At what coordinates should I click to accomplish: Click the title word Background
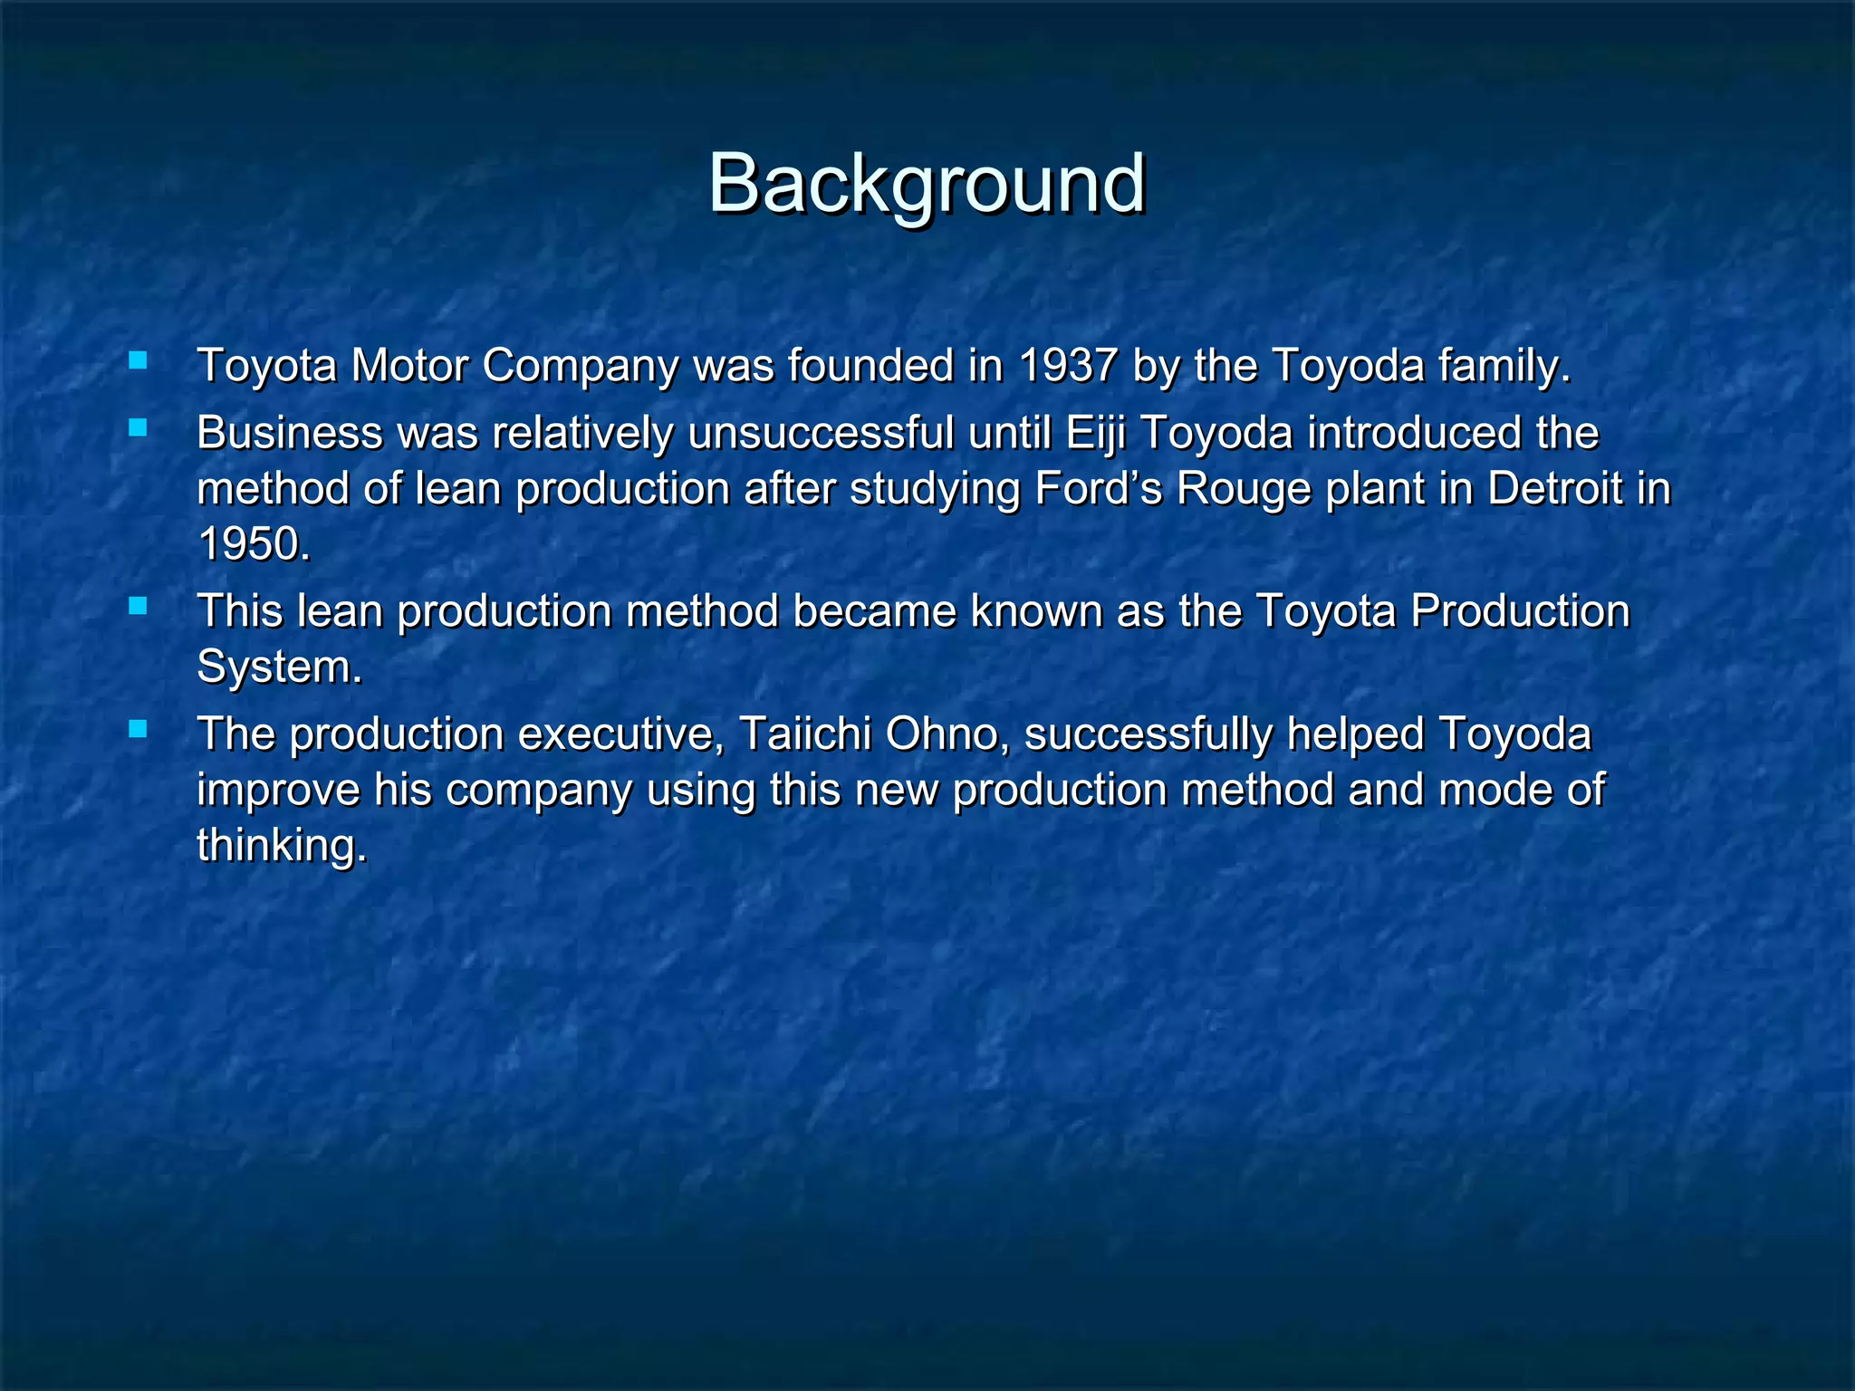pyautogui.click(x=927, y=184)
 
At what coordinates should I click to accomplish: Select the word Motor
pyautogui.click(x=408, y=367)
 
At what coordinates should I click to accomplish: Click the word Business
pyautogui.click(x=289, y=433)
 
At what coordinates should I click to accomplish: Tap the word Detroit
pyautogui.click(x=1554, y=489)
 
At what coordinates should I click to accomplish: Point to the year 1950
pyautogui.click(x=249, y=545)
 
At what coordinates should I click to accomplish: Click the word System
pyautogui.click(x=275, y=667)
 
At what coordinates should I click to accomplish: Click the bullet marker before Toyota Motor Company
pyautogui.click(x=138, y=361)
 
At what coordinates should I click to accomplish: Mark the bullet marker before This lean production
pyautogui.click(x=138, y=606)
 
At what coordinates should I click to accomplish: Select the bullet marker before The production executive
pyautogui.click(x=138, y=729)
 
